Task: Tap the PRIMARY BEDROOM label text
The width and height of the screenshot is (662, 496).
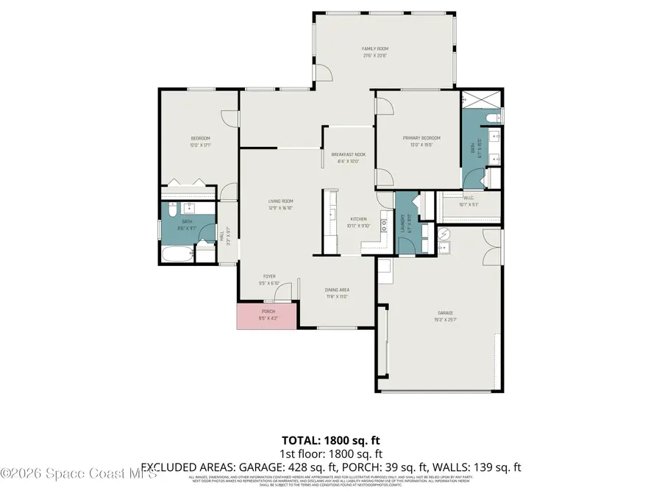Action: [421, 138]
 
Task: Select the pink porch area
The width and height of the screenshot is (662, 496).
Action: [267, 315]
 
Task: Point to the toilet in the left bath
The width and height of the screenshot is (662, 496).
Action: [169, 212]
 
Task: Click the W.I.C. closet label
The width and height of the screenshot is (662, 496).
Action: [469, 197]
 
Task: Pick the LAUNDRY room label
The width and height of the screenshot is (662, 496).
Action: [402, 223]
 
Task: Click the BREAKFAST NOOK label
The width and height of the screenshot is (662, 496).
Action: [349, 154]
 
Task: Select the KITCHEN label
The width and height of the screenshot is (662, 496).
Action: [358, 219]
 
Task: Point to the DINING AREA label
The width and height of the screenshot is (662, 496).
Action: [337, 290]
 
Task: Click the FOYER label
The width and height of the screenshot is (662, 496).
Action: [270, 277]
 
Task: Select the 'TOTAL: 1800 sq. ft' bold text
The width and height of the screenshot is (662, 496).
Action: [330, 441]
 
